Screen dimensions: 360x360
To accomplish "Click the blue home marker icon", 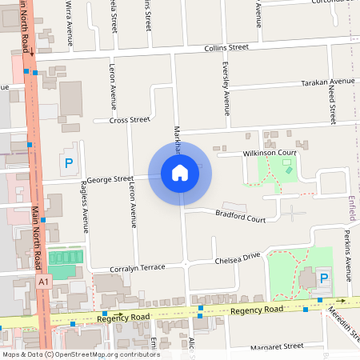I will (180, 172).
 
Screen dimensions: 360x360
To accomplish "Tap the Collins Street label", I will (226, 48).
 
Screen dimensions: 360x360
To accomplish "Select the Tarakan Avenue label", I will (327, 82).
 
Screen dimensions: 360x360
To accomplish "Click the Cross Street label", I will (130, 120).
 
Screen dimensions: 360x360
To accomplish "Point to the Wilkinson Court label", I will (270, 152).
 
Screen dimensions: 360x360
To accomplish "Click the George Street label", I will (110, 179).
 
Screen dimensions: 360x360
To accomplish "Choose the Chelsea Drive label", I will (238, 257).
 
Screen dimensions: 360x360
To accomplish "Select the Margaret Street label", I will (277, 346).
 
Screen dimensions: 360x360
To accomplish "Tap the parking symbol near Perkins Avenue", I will (324, 278).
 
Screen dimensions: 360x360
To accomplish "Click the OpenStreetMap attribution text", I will (80, 354).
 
